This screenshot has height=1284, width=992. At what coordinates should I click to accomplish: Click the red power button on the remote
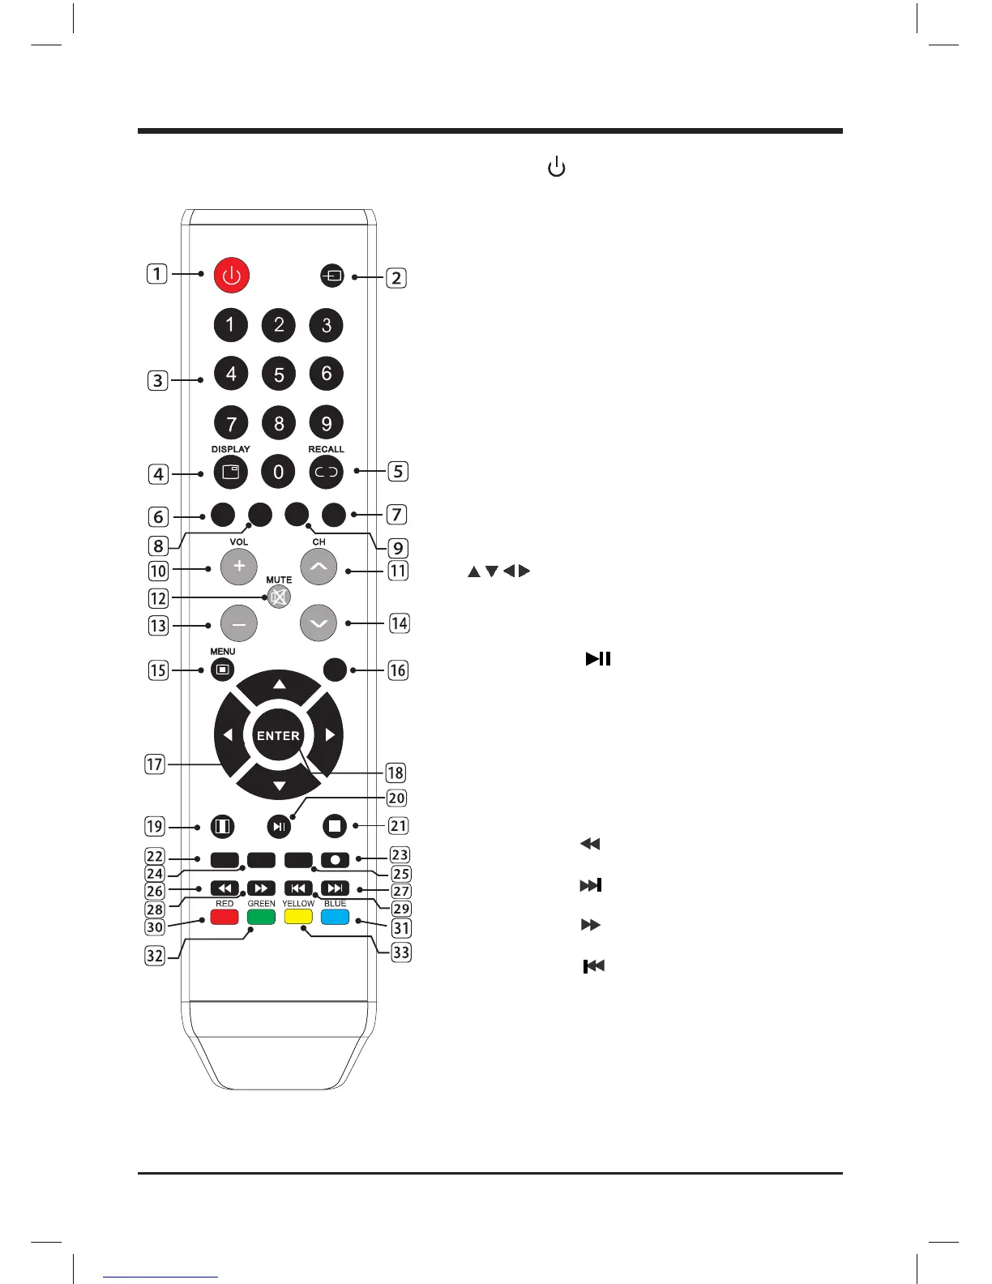point(232,276)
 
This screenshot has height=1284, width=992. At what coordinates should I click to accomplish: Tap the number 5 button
point(279,374)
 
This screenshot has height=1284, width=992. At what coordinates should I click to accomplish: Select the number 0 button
point(279,472)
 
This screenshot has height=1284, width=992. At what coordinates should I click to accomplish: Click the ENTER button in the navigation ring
point(278,736)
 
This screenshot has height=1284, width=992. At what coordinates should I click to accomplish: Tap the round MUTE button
point(279,597)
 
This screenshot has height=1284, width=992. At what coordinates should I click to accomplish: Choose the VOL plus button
point(239,567)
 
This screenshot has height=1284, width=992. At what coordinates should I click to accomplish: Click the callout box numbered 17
point(155,764)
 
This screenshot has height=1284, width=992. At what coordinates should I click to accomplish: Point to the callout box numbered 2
point(396,278)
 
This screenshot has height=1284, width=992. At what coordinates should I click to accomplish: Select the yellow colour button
point(298,917)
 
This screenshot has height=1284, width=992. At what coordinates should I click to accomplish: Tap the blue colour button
point(335,917)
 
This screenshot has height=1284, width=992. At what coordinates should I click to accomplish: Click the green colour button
point(261,917)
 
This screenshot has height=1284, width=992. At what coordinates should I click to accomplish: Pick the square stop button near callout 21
point(334,827)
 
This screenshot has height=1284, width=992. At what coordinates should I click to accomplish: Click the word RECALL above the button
point(326,449)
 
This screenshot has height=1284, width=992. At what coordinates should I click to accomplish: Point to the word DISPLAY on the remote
point(231,449)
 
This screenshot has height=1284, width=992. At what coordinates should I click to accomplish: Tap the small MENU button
point(222,670)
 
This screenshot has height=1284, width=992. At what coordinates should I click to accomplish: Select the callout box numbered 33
point(401,952)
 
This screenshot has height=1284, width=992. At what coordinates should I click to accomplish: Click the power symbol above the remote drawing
point(557,168)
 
